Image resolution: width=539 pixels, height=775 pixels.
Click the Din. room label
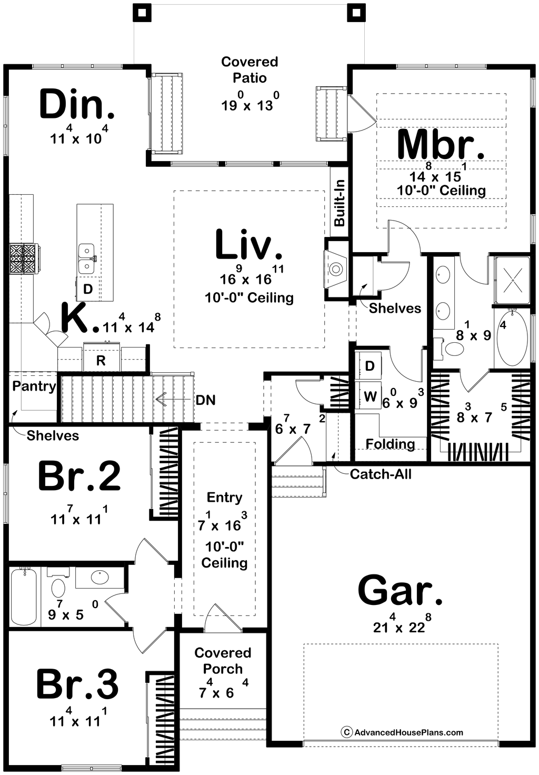(x=77, y=103)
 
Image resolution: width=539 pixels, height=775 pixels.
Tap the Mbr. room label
(x=441, y=145)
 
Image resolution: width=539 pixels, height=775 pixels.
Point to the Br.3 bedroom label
(x=77, y=684)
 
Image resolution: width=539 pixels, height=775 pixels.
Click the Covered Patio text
(x=249, y=69)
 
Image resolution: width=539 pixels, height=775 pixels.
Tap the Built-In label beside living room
(x=340, y=203)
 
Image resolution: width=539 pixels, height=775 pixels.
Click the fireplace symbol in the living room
(x=335, y=269)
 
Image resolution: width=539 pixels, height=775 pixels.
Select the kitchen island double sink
(x=86, y=259)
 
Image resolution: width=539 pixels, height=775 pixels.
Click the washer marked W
(x=370, y=395)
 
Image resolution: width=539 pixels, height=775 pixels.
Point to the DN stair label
(x=205, y=400)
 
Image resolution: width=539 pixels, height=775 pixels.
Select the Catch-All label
(x=381, y=474)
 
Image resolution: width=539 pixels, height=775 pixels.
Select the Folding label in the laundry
(x=390, y=443)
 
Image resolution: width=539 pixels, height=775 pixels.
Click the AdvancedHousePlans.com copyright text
(x=402, y=732)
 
